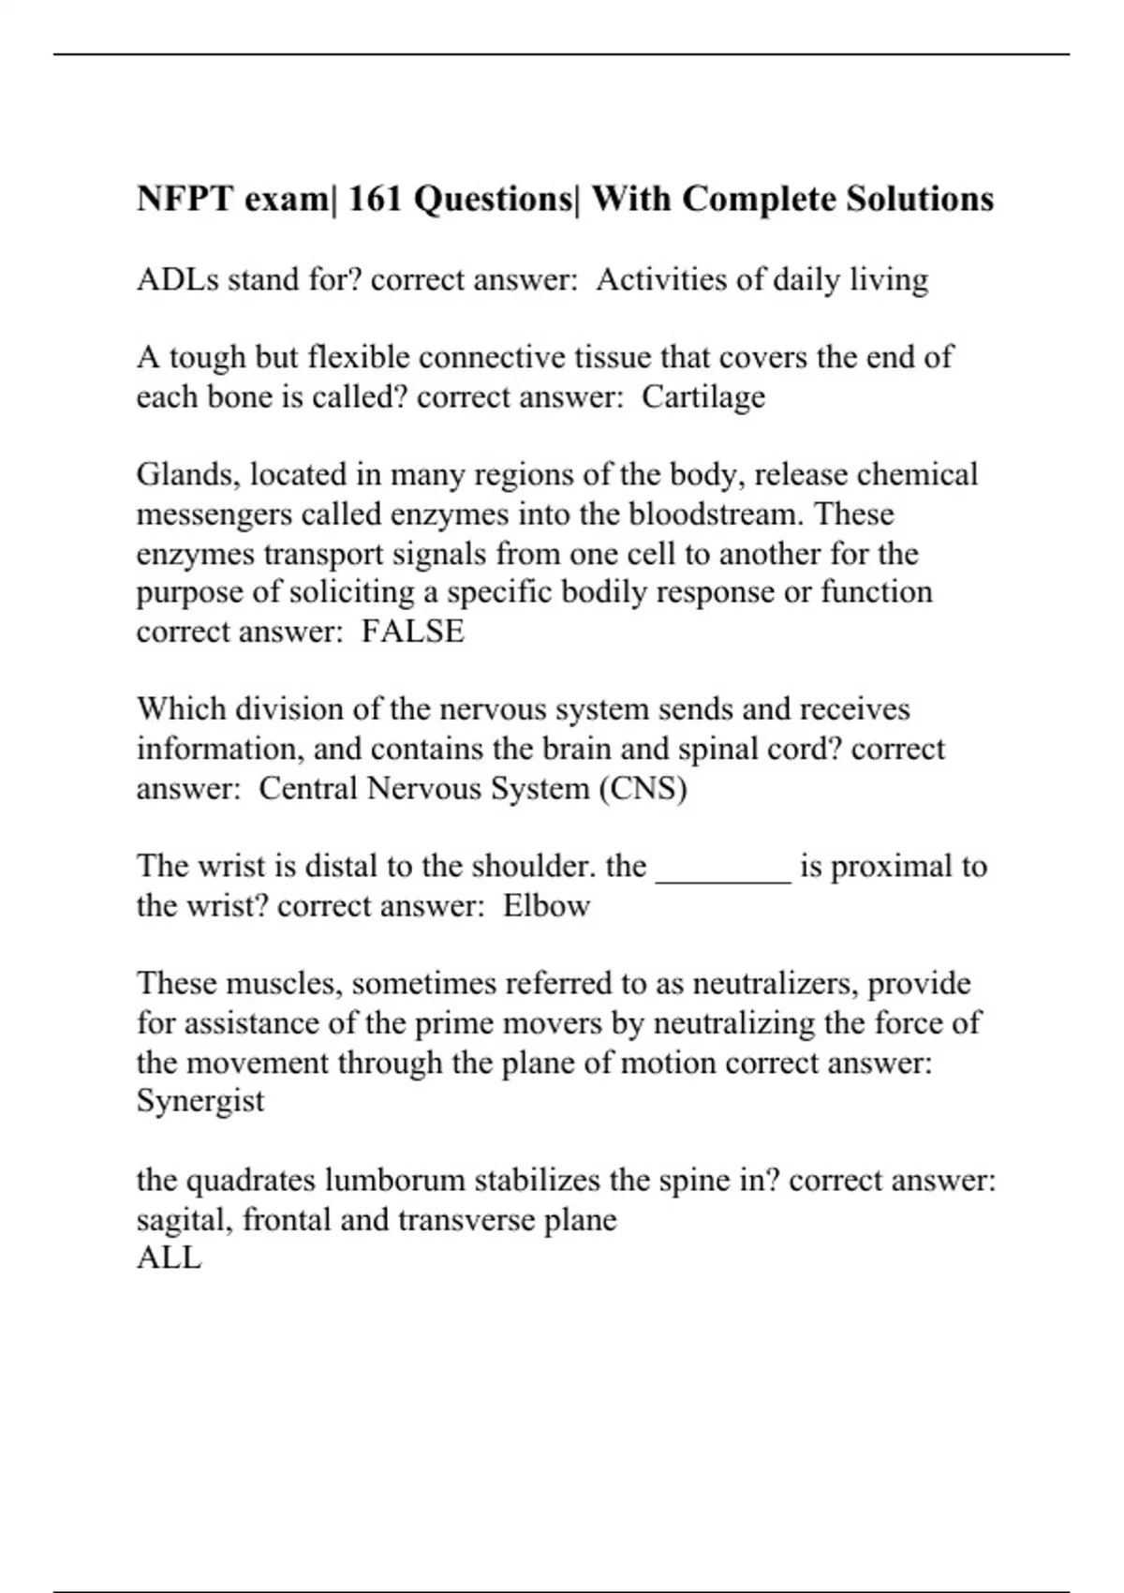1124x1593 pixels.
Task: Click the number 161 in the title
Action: click(376, 199)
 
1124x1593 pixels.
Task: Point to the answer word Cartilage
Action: click(703, 397)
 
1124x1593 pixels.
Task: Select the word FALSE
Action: click(413, 632)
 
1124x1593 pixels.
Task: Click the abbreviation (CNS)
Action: click(643, 788)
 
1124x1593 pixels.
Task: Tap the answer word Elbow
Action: click(546, 906)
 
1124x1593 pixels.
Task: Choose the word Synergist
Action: click(200, 1100)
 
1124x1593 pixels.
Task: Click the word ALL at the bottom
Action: click(169, 1258)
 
